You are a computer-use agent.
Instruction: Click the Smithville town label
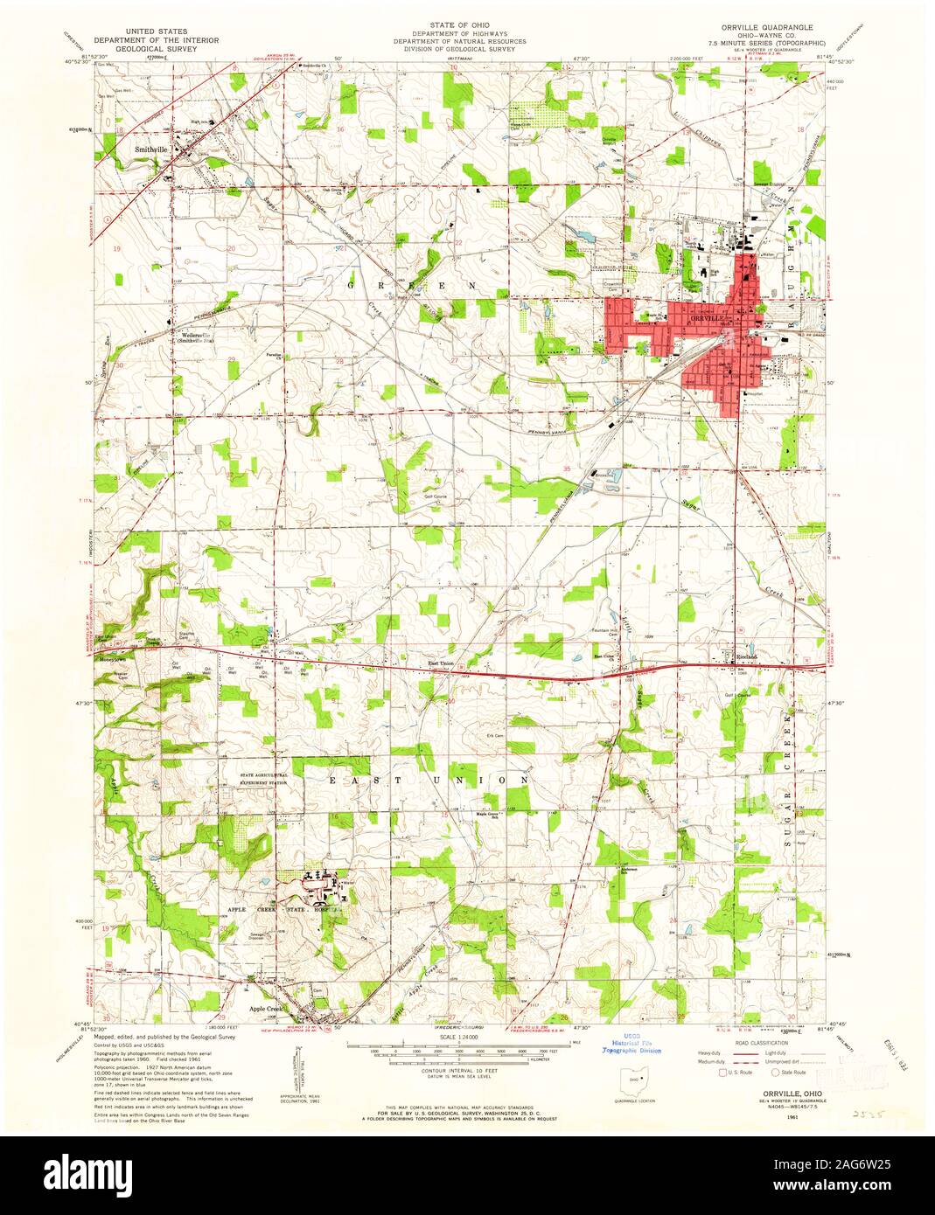(x=150, y=149)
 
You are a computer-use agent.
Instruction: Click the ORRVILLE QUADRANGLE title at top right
(x=761, y=27)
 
